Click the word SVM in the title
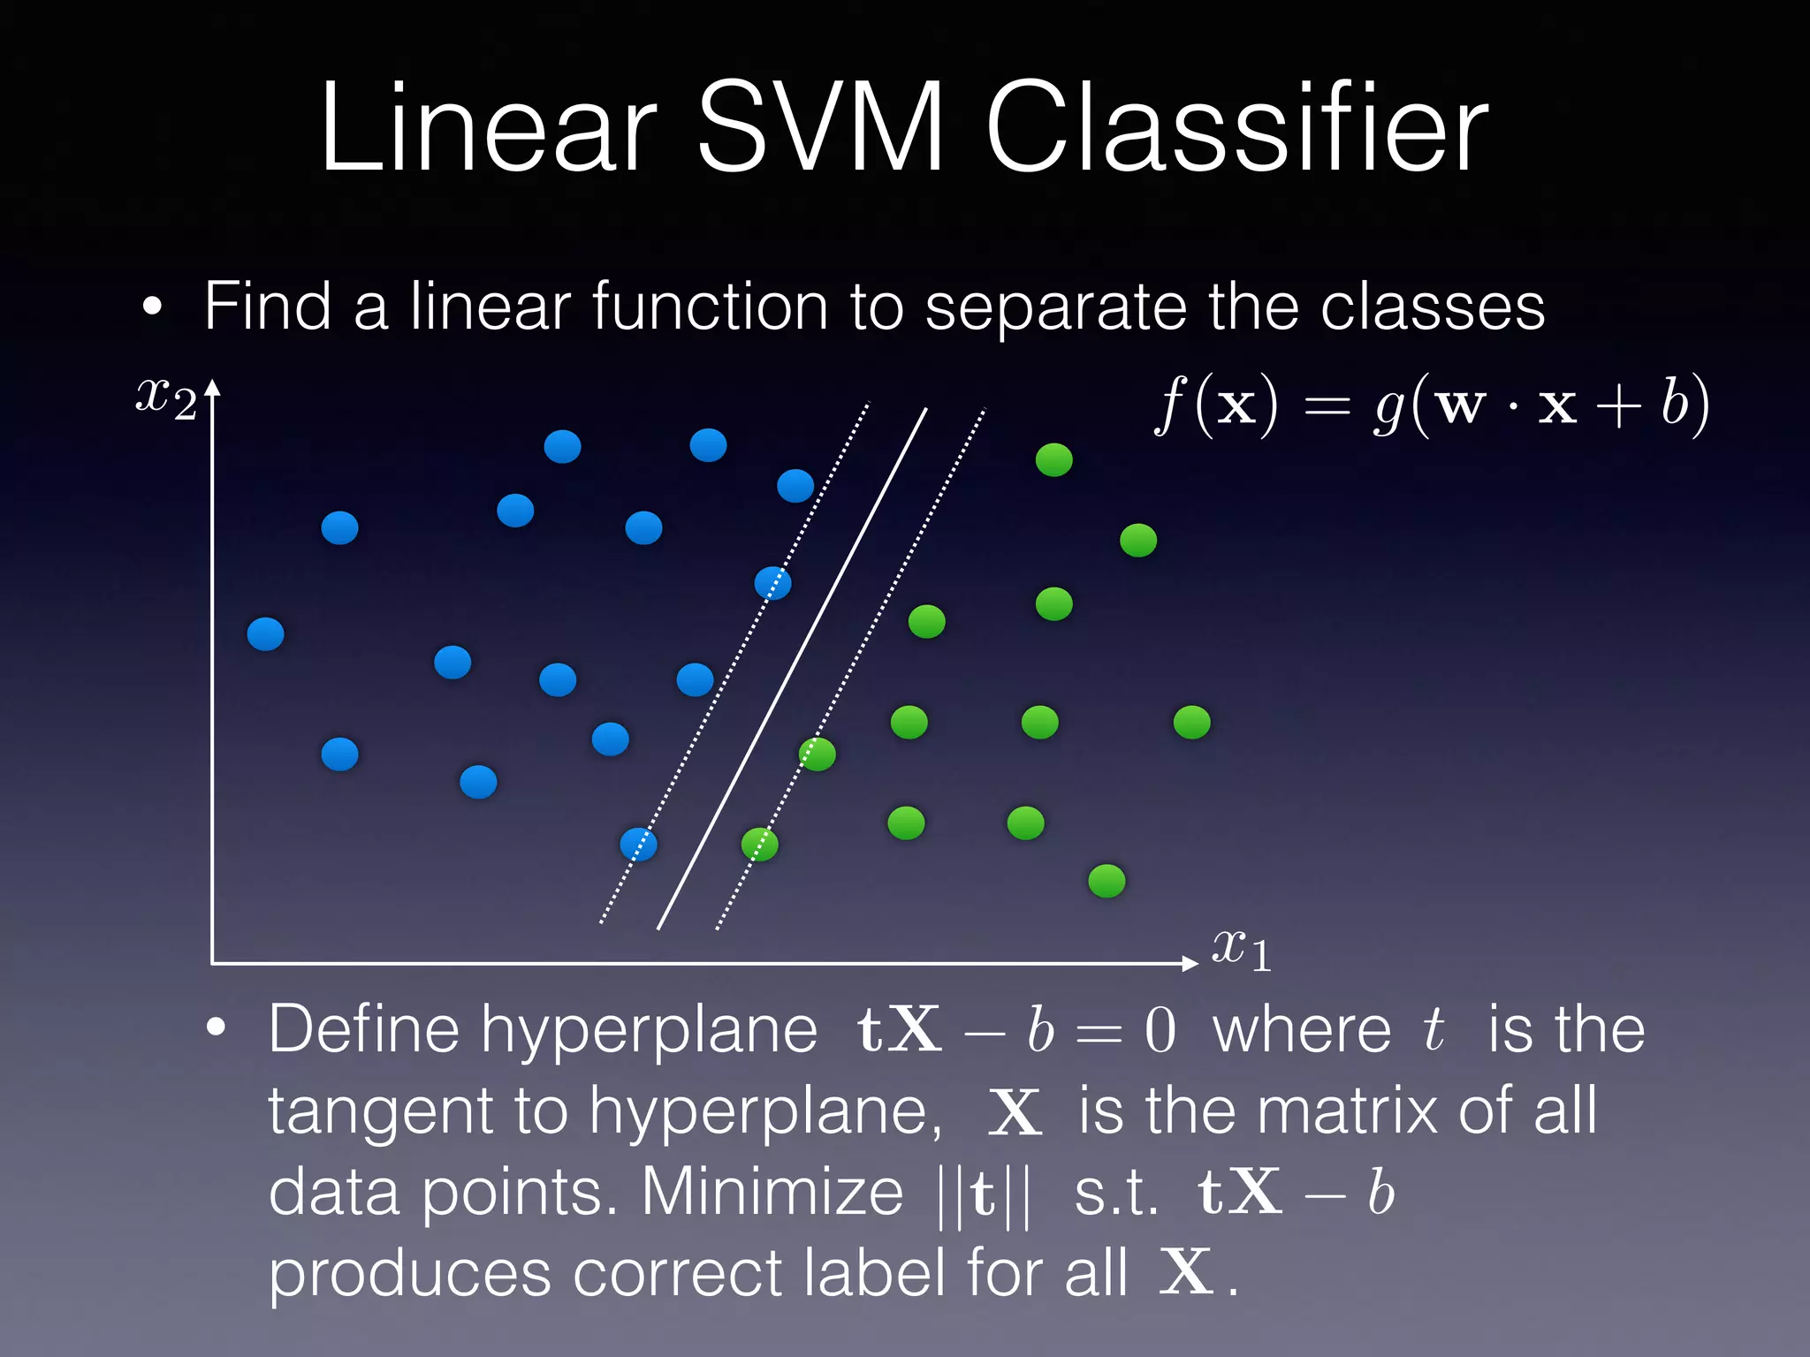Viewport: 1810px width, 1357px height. (820, 128)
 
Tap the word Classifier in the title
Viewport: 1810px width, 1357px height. (1237, 128)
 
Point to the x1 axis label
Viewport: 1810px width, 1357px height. (1241, 951)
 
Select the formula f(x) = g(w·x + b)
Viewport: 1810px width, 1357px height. (1432, 405)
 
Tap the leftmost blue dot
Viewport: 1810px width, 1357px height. (265, 634)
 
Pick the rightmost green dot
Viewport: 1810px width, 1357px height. (1191, 723)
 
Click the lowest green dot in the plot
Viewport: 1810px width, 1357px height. (1107, 881)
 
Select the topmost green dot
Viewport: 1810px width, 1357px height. (1053, 459)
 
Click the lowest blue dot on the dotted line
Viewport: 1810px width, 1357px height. (638, 845)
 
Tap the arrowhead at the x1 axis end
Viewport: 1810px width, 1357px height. (1190, 963)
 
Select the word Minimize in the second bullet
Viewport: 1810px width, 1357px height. (772, 1193)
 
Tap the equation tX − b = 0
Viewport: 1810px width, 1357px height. (1016, 1030)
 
